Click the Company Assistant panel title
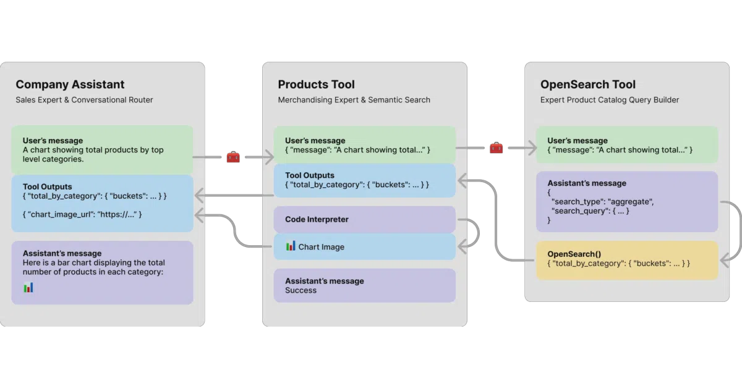(x=70, y=85)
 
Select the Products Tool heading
(x=316, y=85)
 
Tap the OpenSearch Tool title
(x=588, y=85)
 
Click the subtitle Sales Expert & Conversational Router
(x=84, y=100)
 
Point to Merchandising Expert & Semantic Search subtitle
(x=354, y=100)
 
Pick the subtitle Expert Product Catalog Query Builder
(x=610, y=100)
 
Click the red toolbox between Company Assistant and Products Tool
(x=233, y=157)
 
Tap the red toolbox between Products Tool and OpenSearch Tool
(x=496, y=148)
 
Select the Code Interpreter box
(x=365, y=219)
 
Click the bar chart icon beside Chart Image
(x=291, y=246)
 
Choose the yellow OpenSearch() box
(x=627, y=261)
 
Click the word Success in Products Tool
(x=301, y=290)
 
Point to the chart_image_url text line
(x=82, y=214)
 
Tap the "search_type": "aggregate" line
(x=602, y=202)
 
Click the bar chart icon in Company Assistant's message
(x=28, y=288)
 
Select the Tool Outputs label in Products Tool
(x=310, y=175)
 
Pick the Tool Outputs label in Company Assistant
(x=48, y=186)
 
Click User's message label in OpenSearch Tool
(x=578, y=141)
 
